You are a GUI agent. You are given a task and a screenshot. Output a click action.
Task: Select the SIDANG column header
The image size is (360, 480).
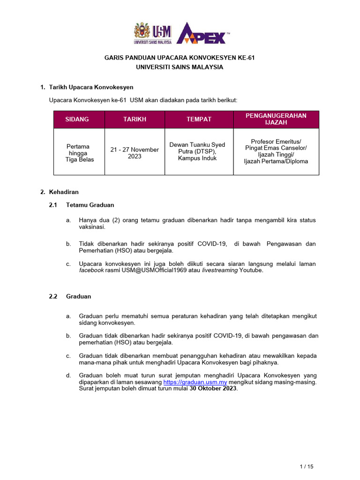pyautogui.click(x=77, y=120)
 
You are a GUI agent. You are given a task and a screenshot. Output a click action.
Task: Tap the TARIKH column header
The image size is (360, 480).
pyautogui.click(x=135, y=120)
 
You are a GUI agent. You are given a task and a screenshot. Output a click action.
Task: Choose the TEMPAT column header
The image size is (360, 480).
pyautogui.click(x=199, y=120)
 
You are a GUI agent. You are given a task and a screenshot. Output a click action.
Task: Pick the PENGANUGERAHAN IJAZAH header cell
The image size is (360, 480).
pyautogui.click(x=276, y=119)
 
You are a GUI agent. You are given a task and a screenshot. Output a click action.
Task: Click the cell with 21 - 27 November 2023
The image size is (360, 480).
pyautogui.click(x=135, y=153)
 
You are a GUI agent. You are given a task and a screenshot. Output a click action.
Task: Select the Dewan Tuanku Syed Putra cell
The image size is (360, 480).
pyautogui.click(x=197, y=151)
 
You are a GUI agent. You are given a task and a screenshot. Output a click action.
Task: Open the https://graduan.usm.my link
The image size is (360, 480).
pyautogui.click(x=195, y=382)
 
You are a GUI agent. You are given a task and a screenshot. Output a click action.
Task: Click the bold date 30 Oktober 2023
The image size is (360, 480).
pyautogui.click(x=213, y=389)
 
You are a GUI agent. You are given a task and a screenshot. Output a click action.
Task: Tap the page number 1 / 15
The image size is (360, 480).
pyautogui.click(x=306, y=466)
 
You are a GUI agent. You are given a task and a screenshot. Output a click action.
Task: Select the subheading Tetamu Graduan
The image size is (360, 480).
pyautogui.click(x=90, y=205)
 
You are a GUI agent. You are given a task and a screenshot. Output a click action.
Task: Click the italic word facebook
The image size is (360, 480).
pyautogui.click(x=91, y=270)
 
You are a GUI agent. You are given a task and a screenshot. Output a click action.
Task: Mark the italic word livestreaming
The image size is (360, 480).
pyautogui.click(x=220, y=270)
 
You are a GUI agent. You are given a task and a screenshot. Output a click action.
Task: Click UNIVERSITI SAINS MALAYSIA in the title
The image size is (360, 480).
pyautogui.click(x=180, y=67)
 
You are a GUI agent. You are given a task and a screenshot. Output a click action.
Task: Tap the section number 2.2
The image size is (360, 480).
pyautogui.click(x=53, y=296)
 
